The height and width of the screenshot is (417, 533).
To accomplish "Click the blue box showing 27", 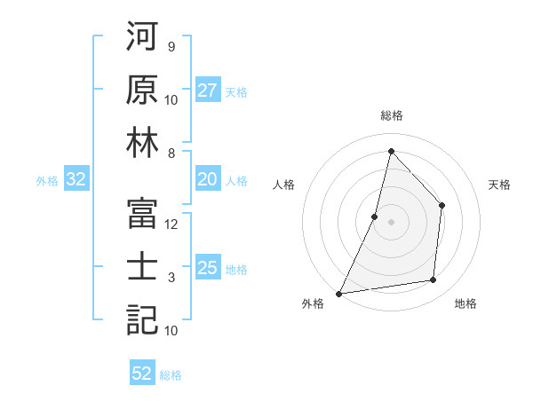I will tap(208, 90).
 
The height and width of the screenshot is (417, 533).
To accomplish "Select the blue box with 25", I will tap(208, 269).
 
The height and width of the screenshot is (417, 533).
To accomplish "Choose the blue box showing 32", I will tap(76, 180).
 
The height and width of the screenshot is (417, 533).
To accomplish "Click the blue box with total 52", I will tap(142, 374).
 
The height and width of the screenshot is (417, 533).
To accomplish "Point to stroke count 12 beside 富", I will tap(171, 224).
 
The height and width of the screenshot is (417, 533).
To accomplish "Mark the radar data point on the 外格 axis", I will tap(338, 293).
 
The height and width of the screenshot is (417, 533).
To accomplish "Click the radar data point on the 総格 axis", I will tap(391, 151).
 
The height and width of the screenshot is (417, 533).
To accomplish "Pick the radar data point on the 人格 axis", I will tap(375, 216).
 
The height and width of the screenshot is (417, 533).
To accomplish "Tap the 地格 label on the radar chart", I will tap(465, 303).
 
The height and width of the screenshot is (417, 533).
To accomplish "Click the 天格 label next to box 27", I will tap(235, 91).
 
